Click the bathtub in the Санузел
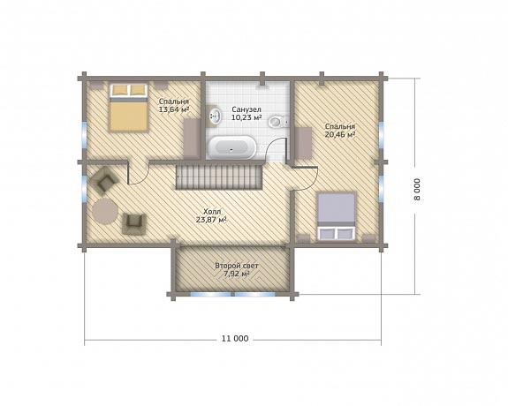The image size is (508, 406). (231, 147)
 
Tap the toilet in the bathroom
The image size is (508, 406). (278, 122)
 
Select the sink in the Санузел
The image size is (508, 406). (215, 116)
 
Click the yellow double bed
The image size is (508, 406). (129, 107)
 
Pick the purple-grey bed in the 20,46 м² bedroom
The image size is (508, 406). (336, 216)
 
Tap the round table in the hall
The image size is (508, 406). (104, 211)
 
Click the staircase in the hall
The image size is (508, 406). (219, 177)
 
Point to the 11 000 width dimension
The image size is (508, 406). (235, 339)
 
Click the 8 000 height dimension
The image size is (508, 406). (417, 189)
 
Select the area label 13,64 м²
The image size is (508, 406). (174, 109)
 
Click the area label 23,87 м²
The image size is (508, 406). (211, 220)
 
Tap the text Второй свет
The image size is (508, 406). (237, 266)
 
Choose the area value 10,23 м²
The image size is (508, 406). (246, 117)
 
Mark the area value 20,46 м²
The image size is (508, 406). (340, 134)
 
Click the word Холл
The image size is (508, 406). (212, 212)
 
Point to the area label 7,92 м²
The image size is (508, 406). (237, 274)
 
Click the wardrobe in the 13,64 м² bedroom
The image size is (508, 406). (192, 139)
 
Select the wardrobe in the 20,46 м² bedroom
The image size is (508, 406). (303, 143)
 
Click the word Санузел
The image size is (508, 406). (246, 109)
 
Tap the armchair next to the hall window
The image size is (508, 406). (104, 181)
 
